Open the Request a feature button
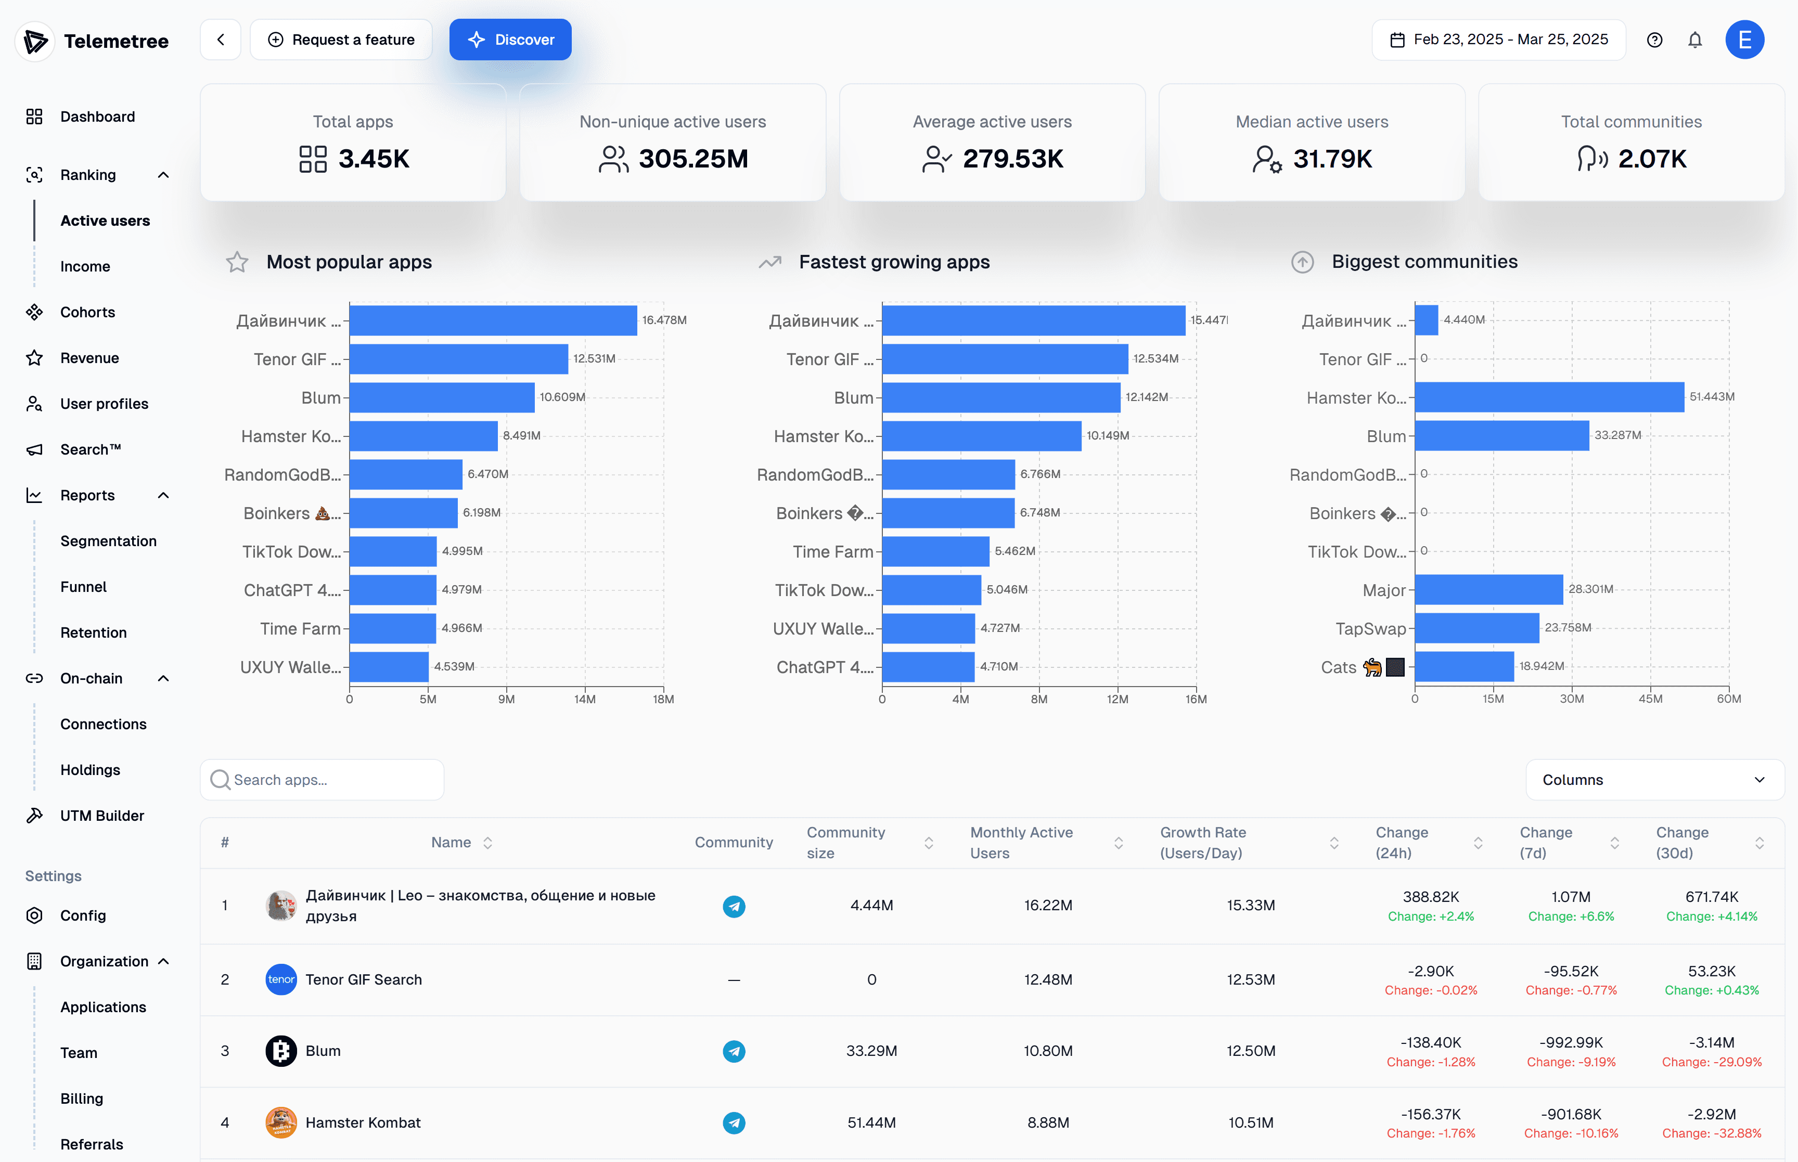click(341, 39)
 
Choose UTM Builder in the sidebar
click(102, 815)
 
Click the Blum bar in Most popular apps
click(442, 397)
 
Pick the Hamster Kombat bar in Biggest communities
click(1550, 397)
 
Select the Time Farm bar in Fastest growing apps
click(935, 551)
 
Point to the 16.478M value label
click(664, 320)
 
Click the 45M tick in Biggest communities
click(1650, 699)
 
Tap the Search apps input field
click(322, 780)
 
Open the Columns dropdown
click(1654, 780)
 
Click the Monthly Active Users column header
click(1022, 842)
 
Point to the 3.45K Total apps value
click(374, 159)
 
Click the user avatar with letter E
click(1744, 39)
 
